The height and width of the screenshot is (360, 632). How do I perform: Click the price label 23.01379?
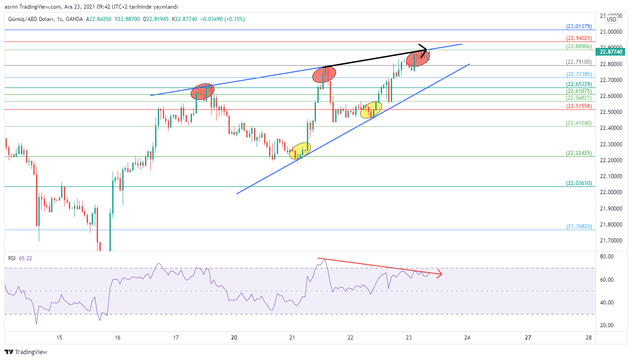point(579,26)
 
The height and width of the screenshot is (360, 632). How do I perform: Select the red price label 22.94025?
point(579,38)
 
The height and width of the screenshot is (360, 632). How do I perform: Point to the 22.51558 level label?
point(579,106)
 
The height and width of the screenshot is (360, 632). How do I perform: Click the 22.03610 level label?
point(579,183)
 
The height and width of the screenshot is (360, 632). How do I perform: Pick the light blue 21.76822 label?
point(579,226)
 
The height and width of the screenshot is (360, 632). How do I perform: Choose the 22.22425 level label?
point(579,153)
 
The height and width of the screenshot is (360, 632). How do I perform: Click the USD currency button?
point(611,19)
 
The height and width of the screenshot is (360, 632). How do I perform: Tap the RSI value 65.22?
point(26,258)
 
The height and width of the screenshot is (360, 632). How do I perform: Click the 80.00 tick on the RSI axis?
point(607,257)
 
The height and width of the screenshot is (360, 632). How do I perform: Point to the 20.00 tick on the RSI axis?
point(607,325)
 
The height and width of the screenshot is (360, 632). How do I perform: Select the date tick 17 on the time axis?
point(176,338)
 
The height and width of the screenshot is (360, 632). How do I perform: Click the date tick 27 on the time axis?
point(528,338)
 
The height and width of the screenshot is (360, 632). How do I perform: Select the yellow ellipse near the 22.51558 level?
point(371,110)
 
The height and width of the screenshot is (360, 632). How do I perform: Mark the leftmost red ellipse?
point(202,92)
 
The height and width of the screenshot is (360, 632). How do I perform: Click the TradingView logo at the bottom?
point(26,352)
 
